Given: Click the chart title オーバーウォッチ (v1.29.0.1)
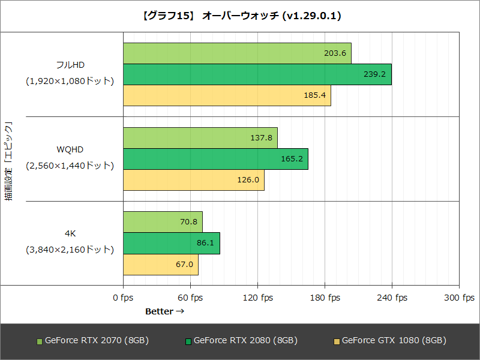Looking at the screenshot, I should [240, 16].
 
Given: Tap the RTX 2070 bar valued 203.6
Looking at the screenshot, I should [237, 53].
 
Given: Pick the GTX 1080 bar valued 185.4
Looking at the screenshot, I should [227, 95].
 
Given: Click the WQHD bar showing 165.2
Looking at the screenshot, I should [215, 159].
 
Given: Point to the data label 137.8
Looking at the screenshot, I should [262, 138].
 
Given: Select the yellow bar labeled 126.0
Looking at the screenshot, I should [193, 180].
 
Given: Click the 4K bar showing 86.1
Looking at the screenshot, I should [171, 243].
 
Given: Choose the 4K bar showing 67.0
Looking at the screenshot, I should [160, 264].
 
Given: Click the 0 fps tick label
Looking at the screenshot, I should [123, 298].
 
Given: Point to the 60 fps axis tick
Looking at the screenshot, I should [190, 298].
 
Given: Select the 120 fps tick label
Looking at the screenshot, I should [257, 298].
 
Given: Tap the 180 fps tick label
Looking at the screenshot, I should [325, 298].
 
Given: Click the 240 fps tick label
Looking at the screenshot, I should [392, 298].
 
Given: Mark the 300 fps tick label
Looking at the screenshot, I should [459, 298].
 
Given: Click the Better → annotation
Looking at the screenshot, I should [164, 311].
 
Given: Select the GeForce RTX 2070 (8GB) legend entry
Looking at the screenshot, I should [92, 340].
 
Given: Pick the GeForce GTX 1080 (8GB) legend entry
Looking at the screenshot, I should [389, 340].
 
